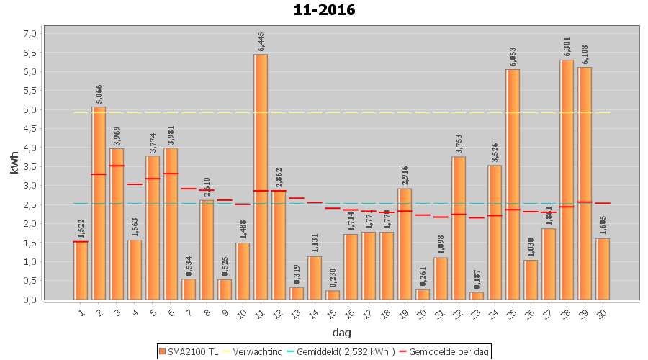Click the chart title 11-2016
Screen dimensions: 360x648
coord(324,10)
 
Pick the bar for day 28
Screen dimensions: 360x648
coord(567,179)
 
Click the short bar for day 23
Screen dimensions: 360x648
coord(477,296)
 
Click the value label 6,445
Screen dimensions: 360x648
coord(261,42)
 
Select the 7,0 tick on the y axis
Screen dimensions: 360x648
coord(30,33)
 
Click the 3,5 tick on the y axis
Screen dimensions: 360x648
coord(30,166)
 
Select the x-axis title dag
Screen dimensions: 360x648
coord(341,332)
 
